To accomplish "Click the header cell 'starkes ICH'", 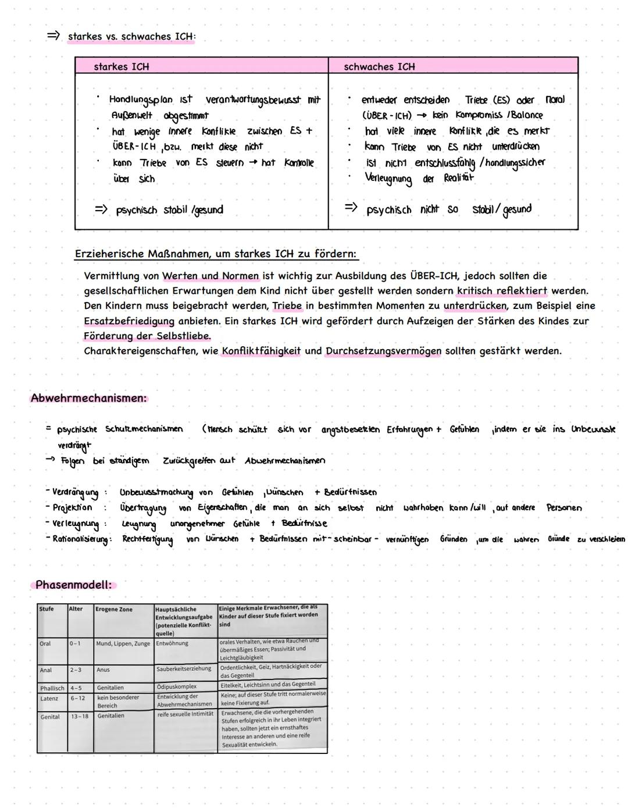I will click(122, 67).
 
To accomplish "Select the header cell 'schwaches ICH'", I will click(379, 67).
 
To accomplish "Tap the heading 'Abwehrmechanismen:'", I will click(88, 399).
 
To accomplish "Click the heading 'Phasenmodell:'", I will click(73, 585).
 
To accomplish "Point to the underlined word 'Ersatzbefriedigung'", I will click(129, 321).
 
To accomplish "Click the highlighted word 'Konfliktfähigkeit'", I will click(261, 351).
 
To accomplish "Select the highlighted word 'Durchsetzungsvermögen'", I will click(383, 351).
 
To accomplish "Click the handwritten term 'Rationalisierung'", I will click(80, 539).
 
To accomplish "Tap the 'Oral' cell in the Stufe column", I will click(45, 644).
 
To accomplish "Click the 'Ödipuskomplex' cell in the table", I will click(177, 687).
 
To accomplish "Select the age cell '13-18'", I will click(80, 717).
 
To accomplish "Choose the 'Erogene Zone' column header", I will click(114, 610).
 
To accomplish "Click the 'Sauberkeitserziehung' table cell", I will click(184, 670).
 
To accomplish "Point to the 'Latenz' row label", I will click(49, 699).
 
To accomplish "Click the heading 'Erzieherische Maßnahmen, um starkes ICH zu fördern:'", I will click(215, 254).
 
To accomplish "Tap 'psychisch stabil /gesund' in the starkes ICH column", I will click(169, 210).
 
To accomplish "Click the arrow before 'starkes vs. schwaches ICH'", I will click(53, 36).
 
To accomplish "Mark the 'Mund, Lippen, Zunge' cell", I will click(123, 644).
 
